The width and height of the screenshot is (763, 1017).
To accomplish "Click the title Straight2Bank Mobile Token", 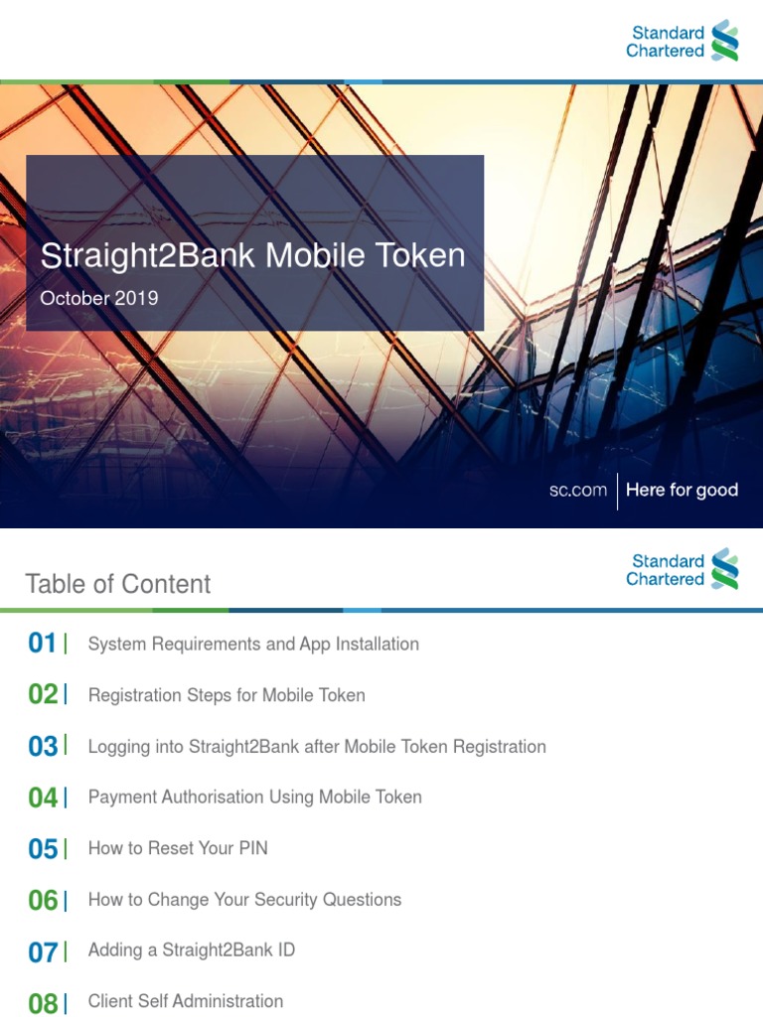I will point(252,255).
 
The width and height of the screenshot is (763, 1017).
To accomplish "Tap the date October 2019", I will point(98,298).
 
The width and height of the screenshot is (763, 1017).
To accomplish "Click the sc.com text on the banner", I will point(577,490).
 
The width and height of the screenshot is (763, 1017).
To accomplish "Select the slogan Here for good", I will point(682,490).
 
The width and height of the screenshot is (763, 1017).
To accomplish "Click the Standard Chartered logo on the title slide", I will point(682,41).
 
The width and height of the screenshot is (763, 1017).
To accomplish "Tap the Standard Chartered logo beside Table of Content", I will point(682,569).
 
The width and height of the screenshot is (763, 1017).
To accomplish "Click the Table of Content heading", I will point(117,584).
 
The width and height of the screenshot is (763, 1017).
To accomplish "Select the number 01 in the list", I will point(43,644).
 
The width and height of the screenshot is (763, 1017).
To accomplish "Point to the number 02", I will point(43,695).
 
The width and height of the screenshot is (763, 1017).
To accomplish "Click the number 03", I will point(43,747).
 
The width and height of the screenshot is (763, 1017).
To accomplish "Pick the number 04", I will point(43,798).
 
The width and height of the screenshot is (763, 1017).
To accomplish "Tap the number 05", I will point(43,849).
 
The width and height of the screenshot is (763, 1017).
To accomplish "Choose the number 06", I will point(43,901).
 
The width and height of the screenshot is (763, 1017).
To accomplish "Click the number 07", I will point(43,952).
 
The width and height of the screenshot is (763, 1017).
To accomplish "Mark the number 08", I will point(43,1003).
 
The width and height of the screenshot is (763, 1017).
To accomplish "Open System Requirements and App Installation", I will point(253,644).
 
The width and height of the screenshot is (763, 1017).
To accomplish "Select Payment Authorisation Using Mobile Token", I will point(254,797).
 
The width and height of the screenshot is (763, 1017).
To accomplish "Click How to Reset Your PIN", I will point(178,848).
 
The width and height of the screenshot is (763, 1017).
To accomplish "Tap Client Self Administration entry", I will point(186,1001).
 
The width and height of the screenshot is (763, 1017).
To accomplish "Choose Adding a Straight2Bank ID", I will point(192,950).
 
